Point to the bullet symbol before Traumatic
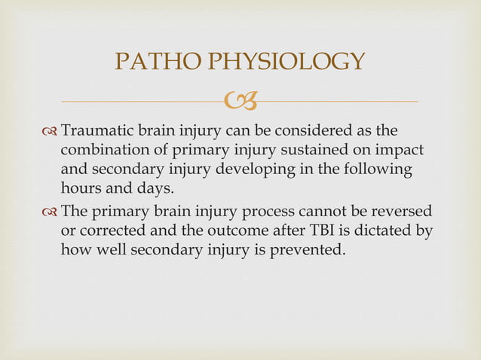coord(50,130)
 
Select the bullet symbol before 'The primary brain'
coord(50,212)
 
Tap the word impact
coord(400,150)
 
